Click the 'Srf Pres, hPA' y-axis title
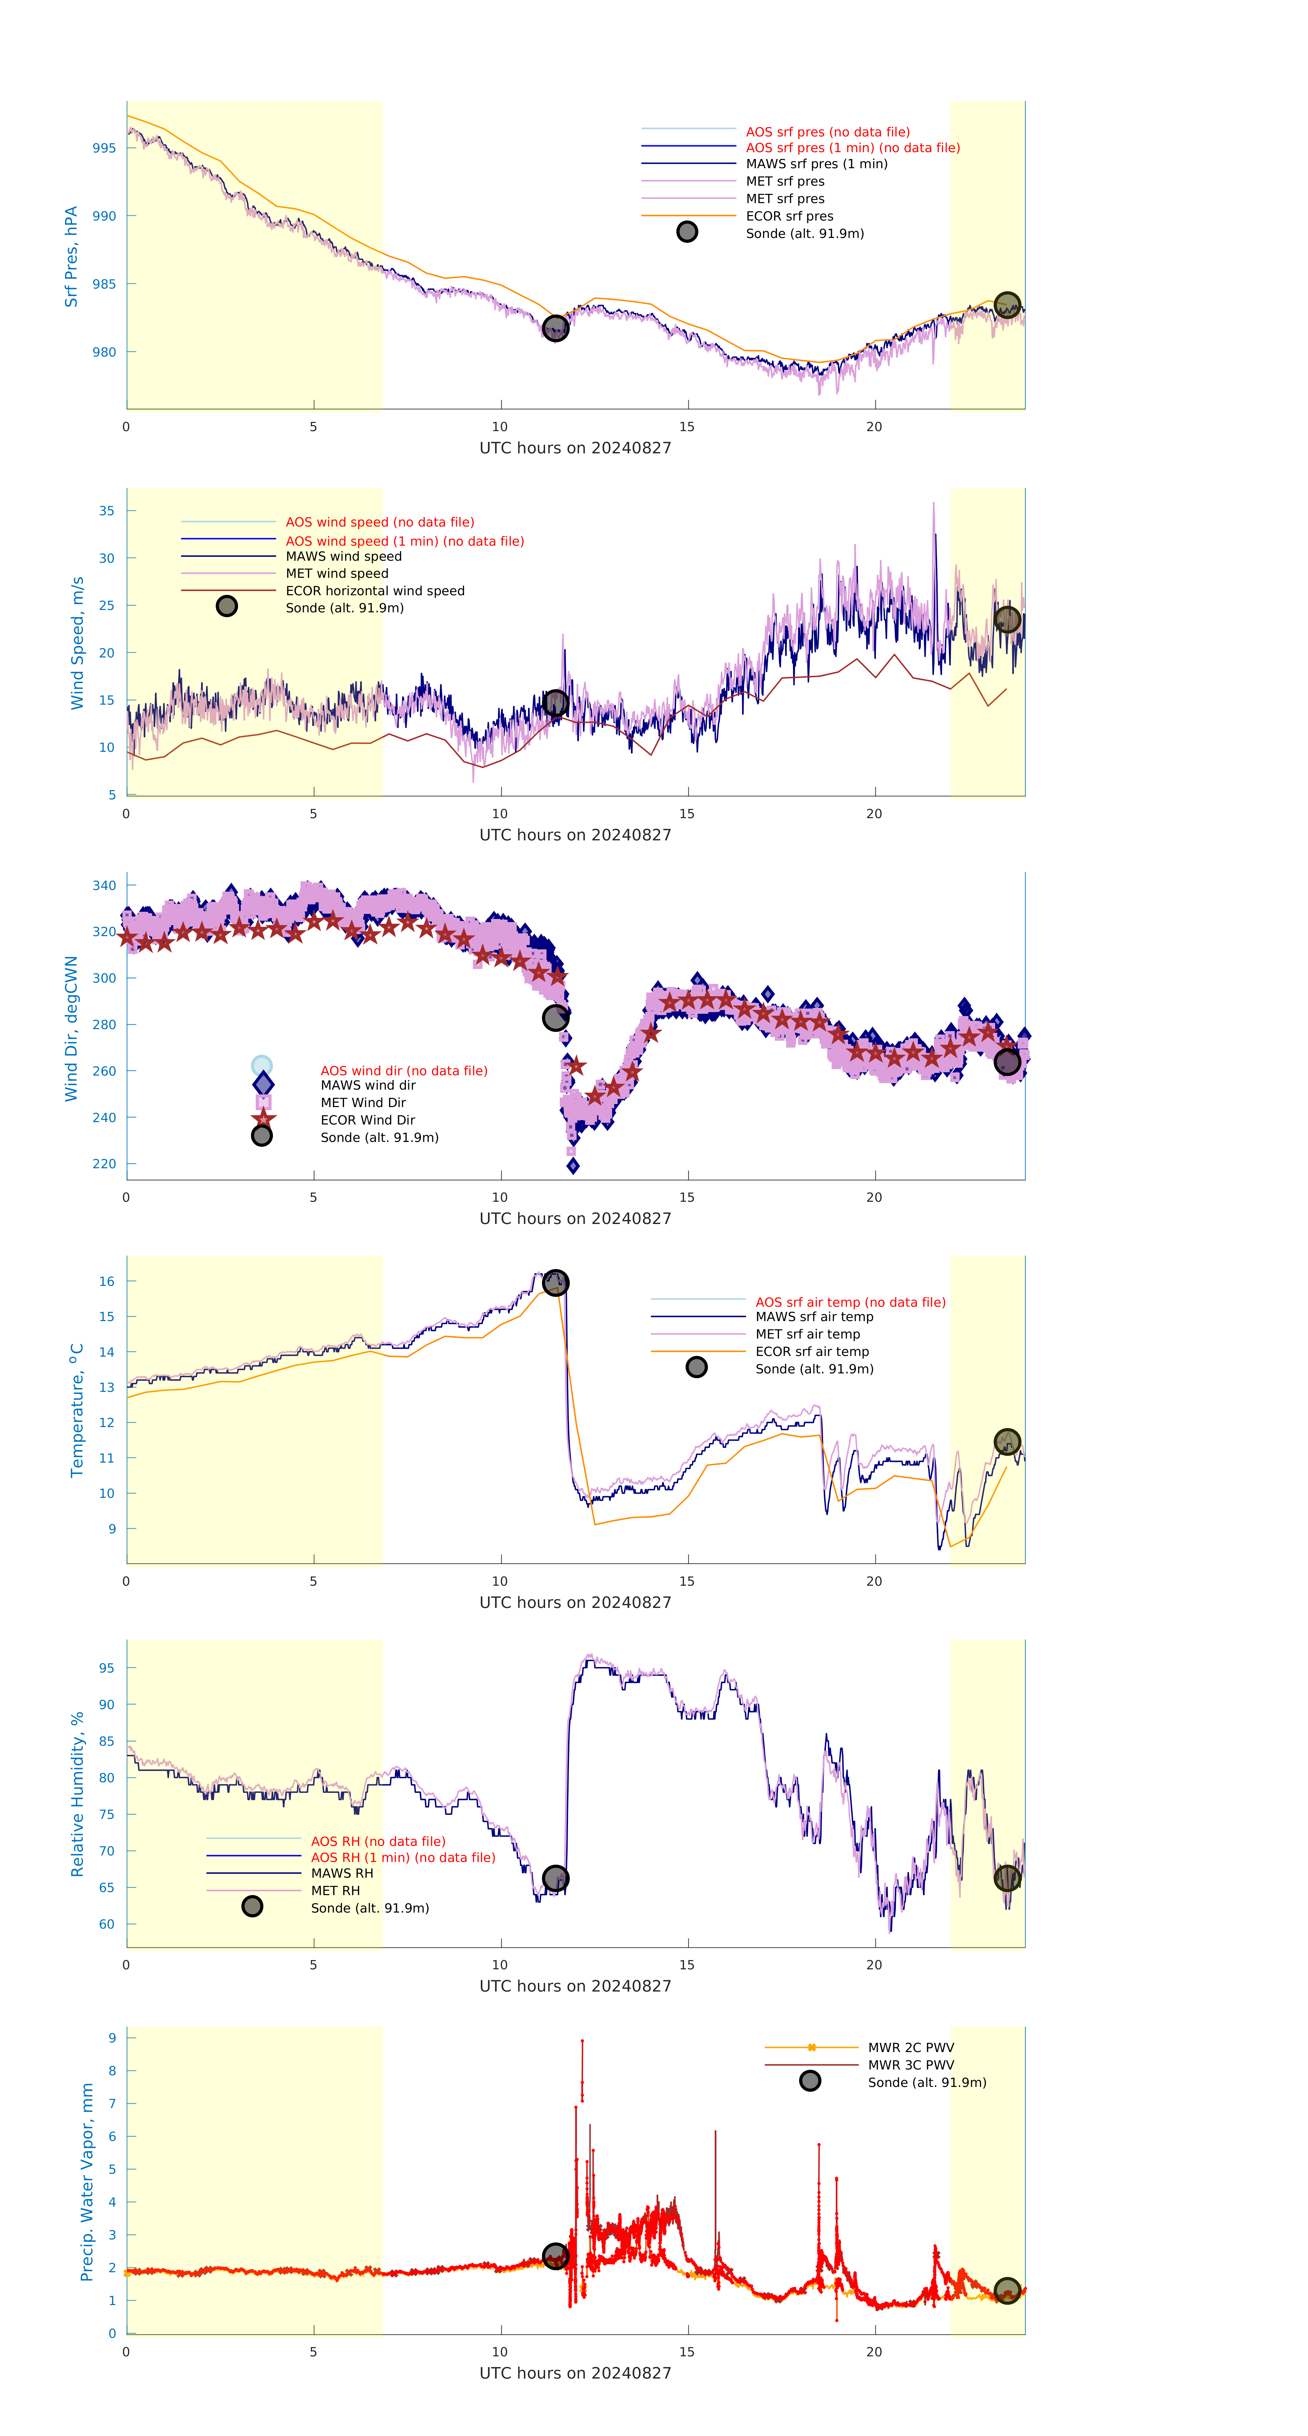71,256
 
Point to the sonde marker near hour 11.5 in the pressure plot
555,328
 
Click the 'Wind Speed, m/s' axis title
78,643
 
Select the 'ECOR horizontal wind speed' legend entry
374,591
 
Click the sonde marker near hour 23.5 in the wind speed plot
1007,620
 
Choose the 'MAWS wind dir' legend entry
367,1086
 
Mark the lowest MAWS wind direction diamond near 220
572,1166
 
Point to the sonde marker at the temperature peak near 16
555,1282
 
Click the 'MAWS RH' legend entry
341,1873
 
